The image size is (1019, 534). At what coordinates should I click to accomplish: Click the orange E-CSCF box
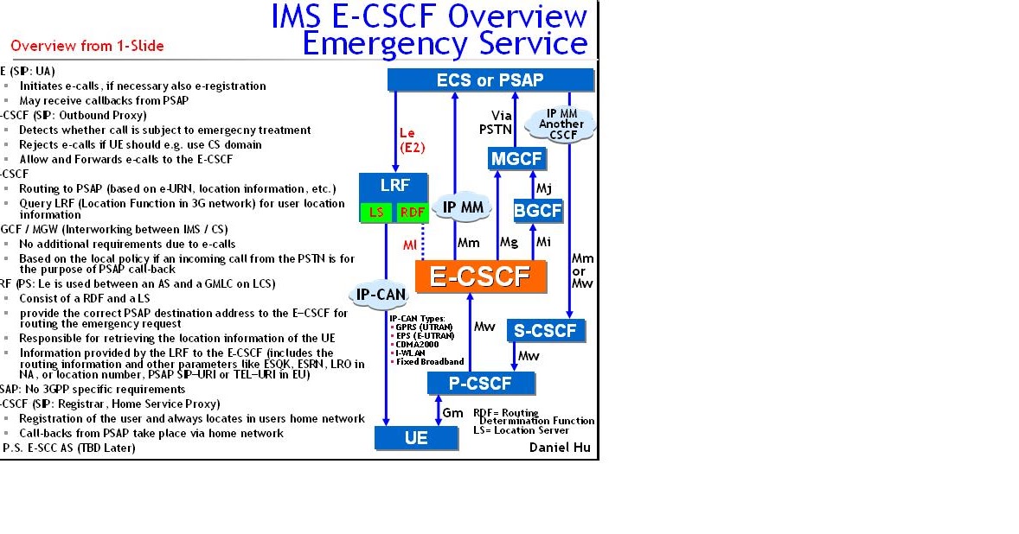(x=480, y=277)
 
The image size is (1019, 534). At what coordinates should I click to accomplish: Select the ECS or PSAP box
(x=490, y=80)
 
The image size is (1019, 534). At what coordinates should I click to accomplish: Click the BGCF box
(x=538, y=210)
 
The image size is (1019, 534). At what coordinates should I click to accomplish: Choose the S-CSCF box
(x=546, y=330)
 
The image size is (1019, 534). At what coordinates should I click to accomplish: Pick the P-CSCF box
(x=481, y=384)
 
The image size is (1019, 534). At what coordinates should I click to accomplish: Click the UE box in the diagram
(x=416, y=438)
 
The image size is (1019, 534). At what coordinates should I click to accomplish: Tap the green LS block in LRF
(x=376, y=213)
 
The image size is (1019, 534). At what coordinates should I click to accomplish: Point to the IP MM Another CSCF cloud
(x=561, y=124)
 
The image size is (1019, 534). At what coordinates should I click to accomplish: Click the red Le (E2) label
(x=412, y=140)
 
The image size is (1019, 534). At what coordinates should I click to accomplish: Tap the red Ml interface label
(x=410, y=245)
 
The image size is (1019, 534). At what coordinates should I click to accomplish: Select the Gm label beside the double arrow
(x=453, y=414)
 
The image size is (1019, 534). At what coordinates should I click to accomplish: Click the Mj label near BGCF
(x=543, y=187)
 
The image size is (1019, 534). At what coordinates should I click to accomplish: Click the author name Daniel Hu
(x=560, y=448)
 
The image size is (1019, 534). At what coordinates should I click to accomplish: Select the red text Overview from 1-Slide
(x=87, y=46)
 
